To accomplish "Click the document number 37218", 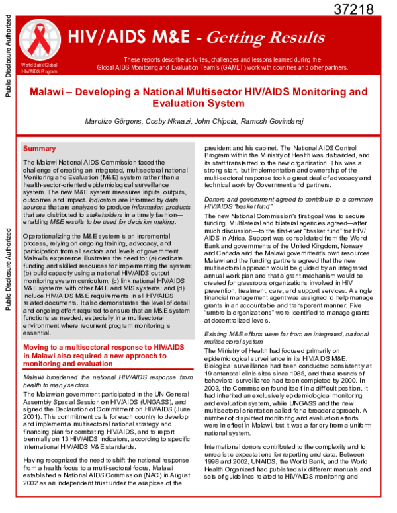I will pyautogui.click(x=354, y=9).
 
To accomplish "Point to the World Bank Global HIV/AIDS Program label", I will pyautogui.click(x=39, y=67).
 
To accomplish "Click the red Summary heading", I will pyautogui.click(x=40, y=149).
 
